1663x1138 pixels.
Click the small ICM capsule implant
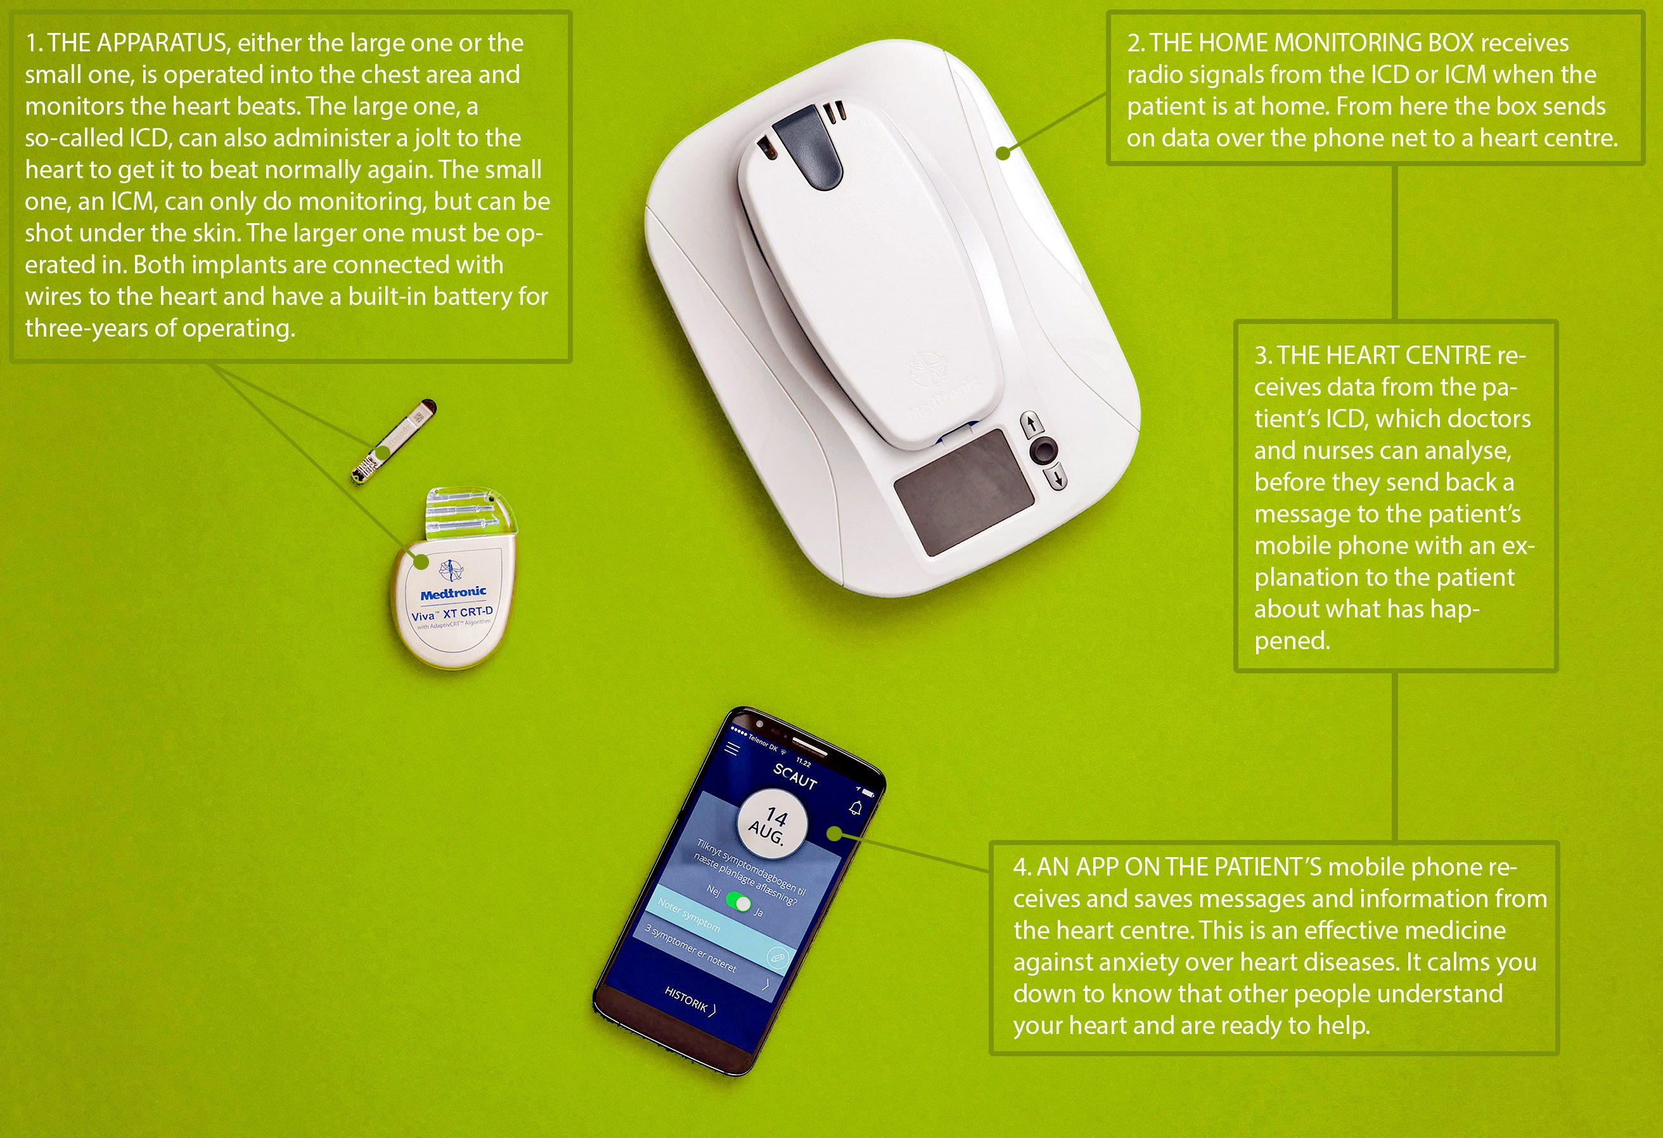[394, 442]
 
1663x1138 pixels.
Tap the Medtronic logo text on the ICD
[453, 593]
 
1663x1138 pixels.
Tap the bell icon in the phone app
[856, 808]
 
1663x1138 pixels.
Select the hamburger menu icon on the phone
[732, 749]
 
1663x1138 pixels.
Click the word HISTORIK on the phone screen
[686, 999]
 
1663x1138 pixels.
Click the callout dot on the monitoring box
[1003, 152]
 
